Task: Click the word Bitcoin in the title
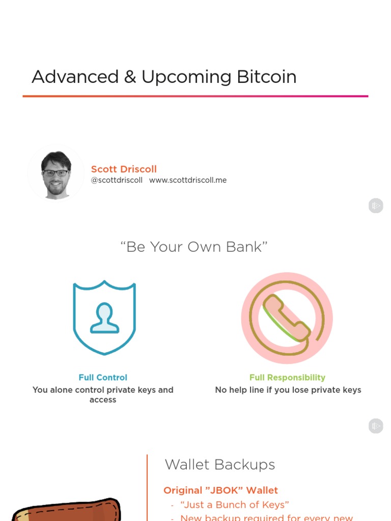point(266,77)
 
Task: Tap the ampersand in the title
point(130,77)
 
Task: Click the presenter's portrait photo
point(56,173)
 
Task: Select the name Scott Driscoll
point(124,169)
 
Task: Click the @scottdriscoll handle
point(117,180)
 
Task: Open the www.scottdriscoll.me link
point(188,180)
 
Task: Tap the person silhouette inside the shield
point(104,319)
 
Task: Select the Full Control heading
point(103,378)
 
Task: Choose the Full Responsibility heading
point(287,378)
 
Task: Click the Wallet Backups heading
point(220,465)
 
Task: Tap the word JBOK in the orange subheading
point(226,490)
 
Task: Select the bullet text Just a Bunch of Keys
point(235,505)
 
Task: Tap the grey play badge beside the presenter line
point(376,206)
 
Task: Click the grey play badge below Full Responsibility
point(376,426)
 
